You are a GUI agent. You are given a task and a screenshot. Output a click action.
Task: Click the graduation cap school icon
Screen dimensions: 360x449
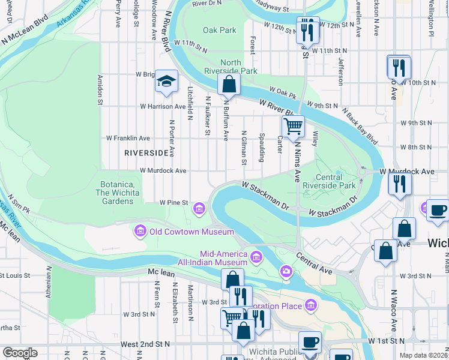166,82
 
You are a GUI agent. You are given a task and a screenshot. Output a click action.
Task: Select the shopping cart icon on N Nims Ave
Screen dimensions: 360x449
293,127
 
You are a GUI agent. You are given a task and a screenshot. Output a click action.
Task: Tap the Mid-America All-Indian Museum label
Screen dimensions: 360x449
212,258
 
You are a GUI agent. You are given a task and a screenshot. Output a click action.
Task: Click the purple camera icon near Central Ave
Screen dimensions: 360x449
286,273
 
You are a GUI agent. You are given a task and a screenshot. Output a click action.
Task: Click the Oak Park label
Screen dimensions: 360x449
219,29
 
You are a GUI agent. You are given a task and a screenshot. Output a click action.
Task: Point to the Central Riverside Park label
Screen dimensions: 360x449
337,182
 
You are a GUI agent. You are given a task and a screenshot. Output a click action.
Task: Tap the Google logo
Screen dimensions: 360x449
20,353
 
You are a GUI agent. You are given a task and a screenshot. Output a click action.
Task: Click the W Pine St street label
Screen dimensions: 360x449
174,203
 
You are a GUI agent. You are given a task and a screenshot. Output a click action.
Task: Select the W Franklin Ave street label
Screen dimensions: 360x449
128,138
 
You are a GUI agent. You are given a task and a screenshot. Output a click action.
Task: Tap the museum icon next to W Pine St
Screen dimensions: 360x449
199,209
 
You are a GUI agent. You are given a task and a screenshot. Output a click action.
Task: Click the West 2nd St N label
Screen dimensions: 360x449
145,344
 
